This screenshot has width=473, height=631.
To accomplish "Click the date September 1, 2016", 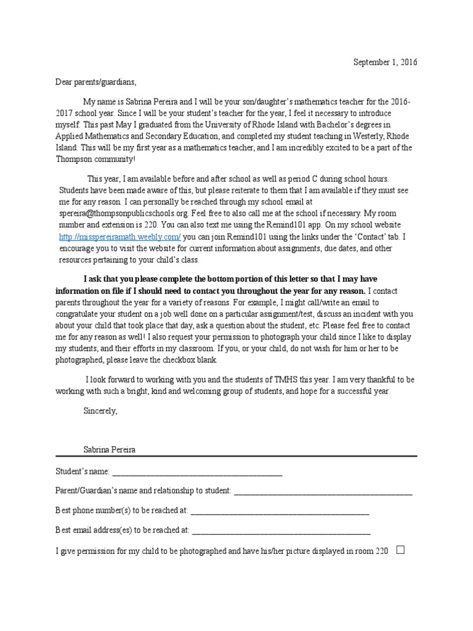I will point(384,63).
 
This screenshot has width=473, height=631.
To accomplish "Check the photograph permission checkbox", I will point(401,550).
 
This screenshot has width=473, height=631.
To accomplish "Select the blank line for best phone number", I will point(280,511).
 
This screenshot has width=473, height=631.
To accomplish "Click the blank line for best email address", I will point(281,531).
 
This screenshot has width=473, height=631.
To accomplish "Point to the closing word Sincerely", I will point(100,411).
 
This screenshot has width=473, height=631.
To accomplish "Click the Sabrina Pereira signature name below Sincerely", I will point(110,450).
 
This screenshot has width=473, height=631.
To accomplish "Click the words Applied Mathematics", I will point(92,137).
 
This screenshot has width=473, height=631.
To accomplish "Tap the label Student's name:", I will point(83,472).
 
